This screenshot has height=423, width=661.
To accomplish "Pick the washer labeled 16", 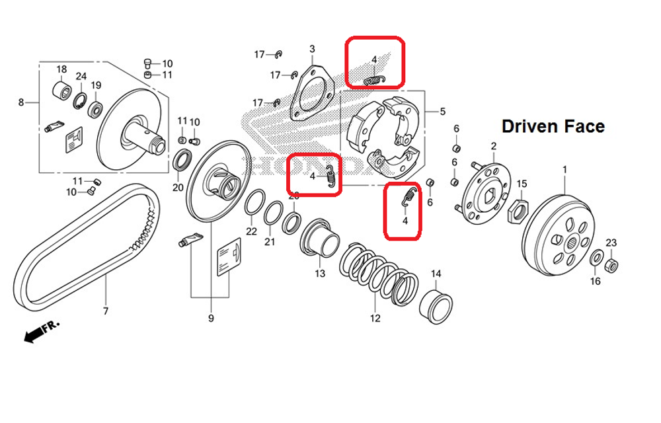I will tap(596, 258).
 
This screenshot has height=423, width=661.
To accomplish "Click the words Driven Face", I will tap(553, 126).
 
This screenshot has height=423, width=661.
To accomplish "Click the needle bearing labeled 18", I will tap(61, 90).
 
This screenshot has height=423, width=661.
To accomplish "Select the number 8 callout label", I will tap(21, 102).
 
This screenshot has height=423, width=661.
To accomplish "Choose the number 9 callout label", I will tap(211, 319).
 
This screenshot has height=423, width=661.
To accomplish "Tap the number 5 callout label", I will tap(442, 112).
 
